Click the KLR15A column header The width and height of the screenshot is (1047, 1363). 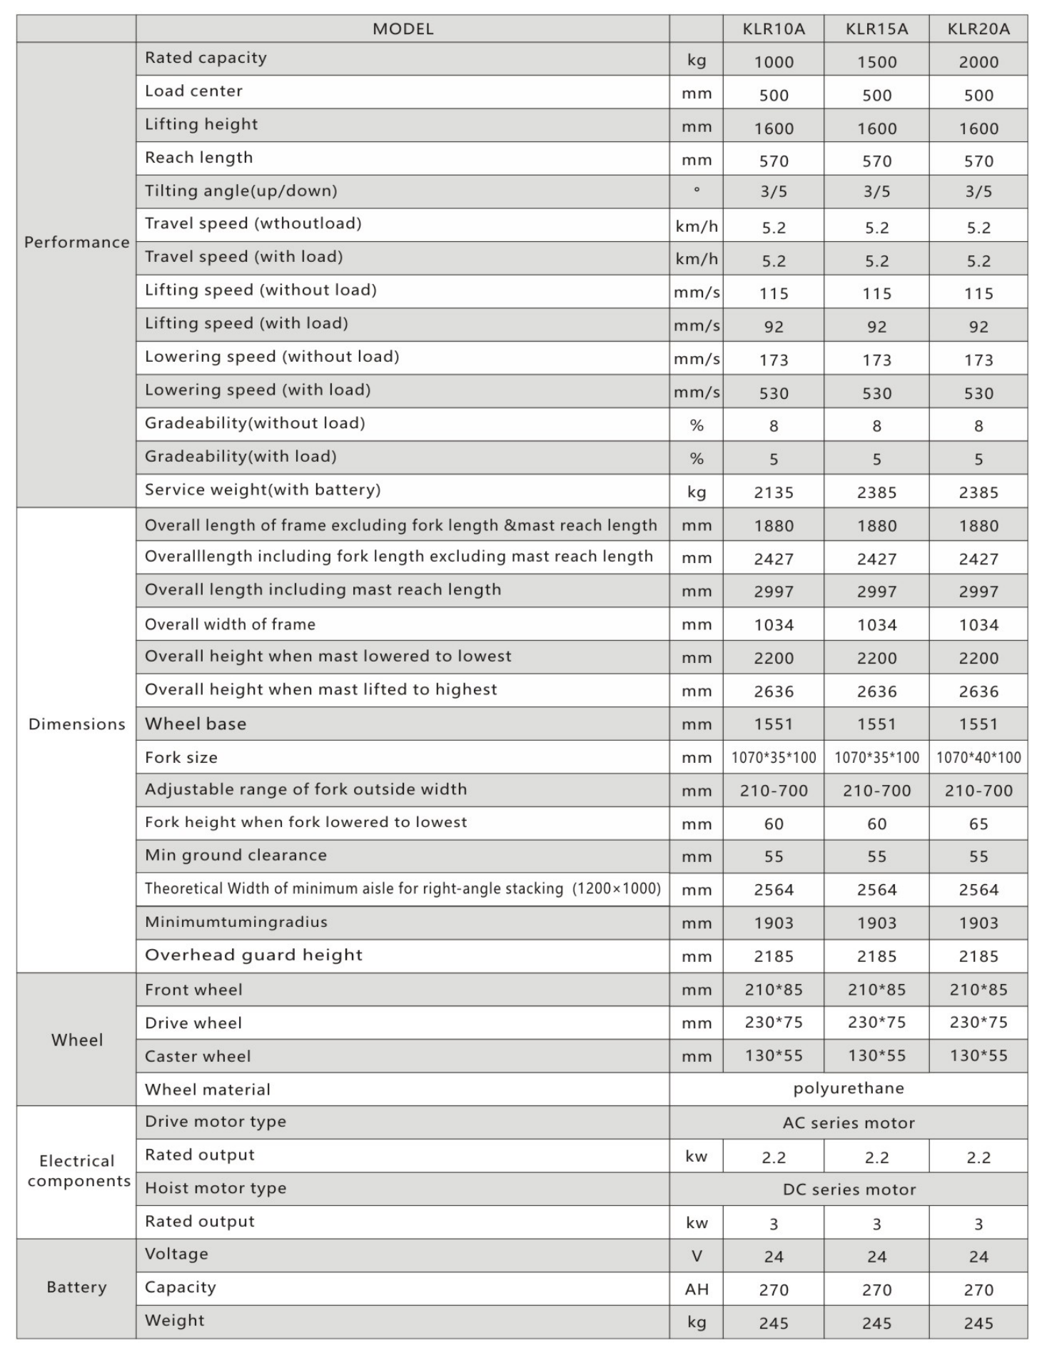click(876, 29)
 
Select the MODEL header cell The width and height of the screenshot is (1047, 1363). click(403, 29)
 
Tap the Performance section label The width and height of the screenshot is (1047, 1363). click(76, 242)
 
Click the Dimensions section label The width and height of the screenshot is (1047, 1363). click(76, 724)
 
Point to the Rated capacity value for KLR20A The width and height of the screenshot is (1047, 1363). click(978, 62)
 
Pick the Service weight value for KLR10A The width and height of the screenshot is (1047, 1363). click(774, 492)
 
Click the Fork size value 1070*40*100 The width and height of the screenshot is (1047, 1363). click(978, 758)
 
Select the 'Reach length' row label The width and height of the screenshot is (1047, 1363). click(198, 158)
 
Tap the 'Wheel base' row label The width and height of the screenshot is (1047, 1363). click(196, 724)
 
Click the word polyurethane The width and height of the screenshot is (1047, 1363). click(849, 1088)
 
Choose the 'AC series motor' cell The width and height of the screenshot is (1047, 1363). click(849, 1123)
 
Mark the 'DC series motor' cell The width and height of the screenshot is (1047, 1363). click(849, 1190)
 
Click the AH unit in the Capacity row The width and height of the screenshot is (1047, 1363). click(697, 1289)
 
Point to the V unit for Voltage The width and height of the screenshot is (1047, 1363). click(697, 1257)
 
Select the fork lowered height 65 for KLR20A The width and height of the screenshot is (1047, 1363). click(978, 824)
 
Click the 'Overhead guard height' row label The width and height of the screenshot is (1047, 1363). click(253, 956)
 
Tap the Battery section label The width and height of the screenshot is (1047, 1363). click(76, 1287)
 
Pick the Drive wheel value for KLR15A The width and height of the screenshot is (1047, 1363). click(876, 1023)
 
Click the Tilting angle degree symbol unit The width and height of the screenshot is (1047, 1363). click(697, 190)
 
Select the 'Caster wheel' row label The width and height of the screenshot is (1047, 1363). click(198, 1057)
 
